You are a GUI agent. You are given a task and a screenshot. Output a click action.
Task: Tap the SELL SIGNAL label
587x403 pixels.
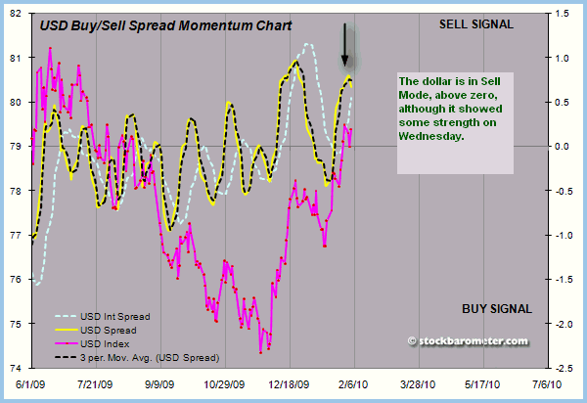pos(476,22)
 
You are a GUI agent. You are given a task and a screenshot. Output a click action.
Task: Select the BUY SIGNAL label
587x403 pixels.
pos(496,309)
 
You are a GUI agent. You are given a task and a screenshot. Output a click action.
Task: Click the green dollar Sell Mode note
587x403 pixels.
pos(451,111)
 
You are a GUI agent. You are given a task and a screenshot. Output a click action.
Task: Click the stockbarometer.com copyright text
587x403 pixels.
pos(468,340)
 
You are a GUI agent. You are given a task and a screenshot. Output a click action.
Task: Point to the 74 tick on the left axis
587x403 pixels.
pos(19,369)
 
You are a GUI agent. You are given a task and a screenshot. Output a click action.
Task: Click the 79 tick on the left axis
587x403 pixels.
pos(19,148)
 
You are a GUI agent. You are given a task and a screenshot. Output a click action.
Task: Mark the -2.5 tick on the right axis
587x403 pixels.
pos(561,369)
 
